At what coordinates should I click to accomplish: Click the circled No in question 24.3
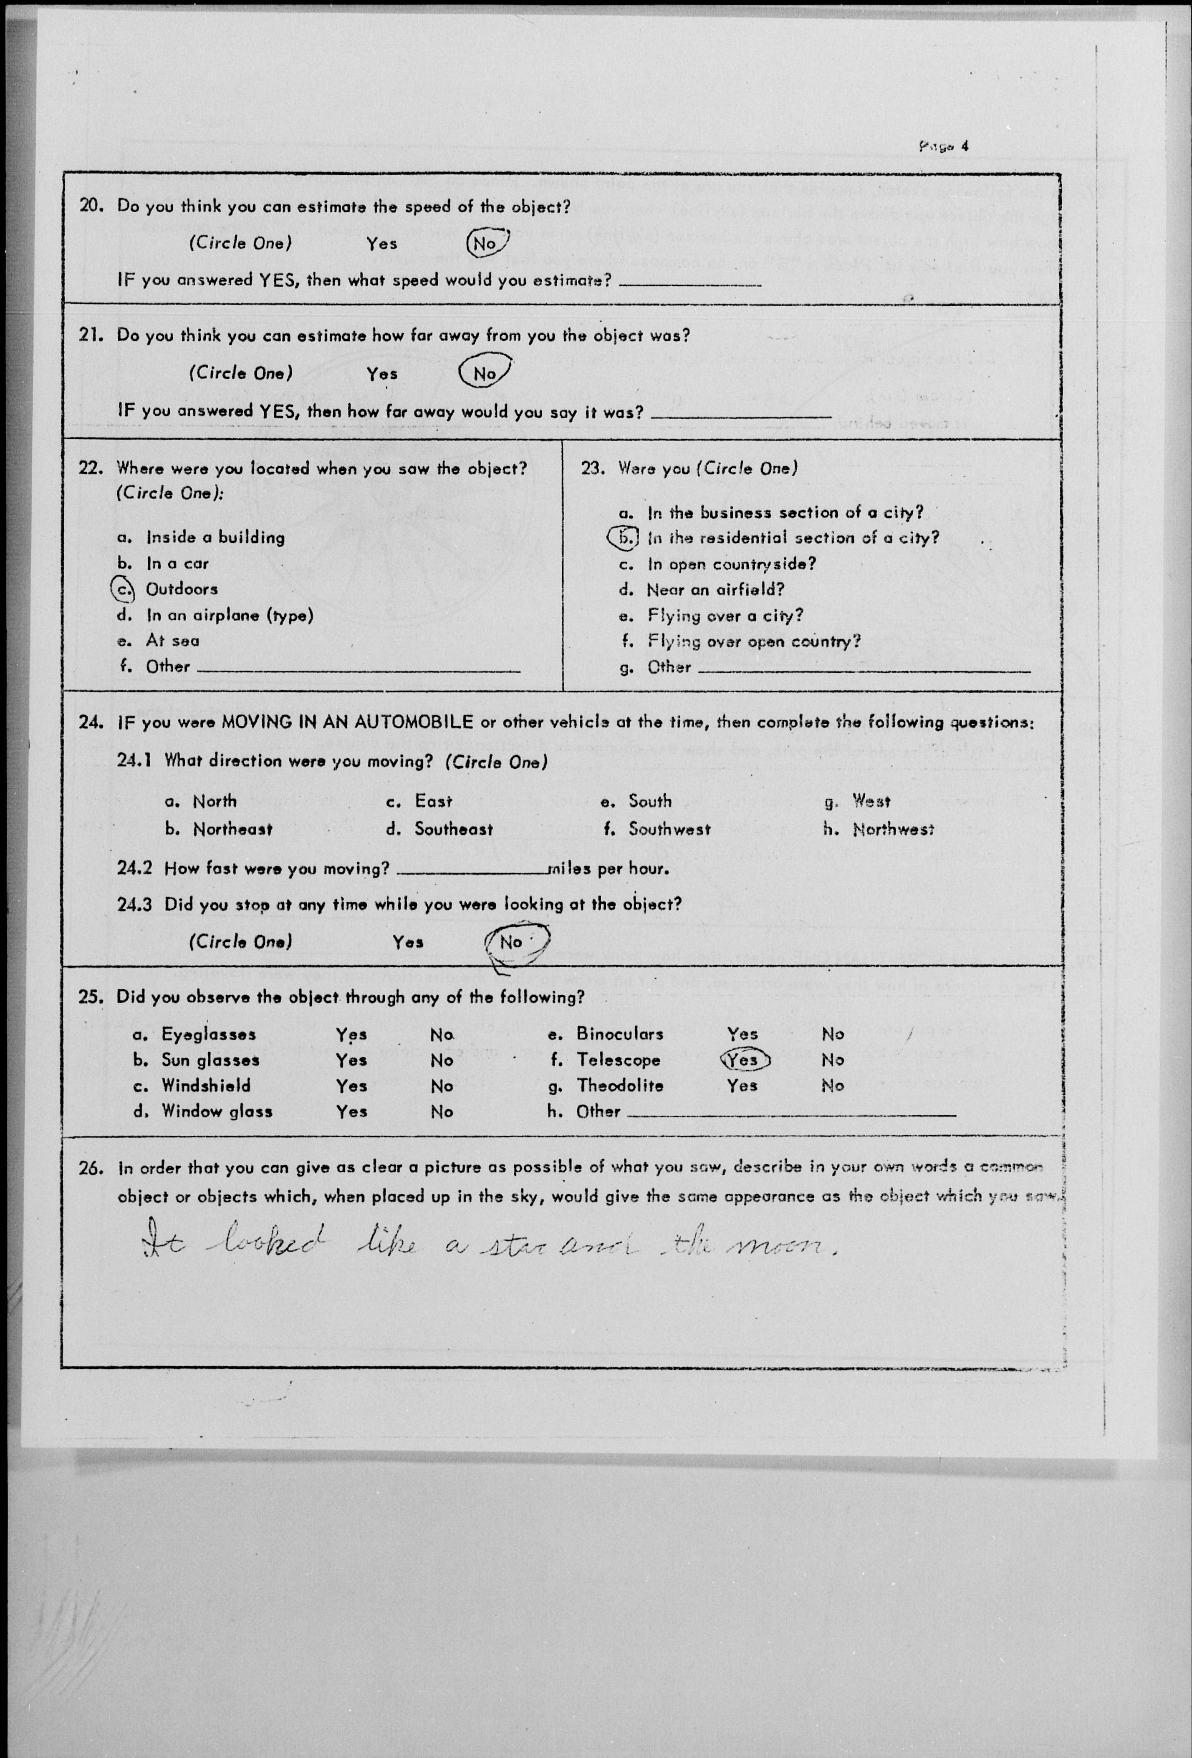pyautogui.click(x=513, y=942)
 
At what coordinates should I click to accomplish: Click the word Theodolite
pyautogui.click(x=620, y=1086)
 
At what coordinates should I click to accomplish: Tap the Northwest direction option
pyautogui.click(x=893, y=829)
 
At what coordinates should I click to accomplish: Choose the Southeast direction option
pyautogui.click(x=452, y=829)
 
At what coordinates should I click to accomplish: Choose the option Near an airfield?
pyautogui.click(x=715, y=589)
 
